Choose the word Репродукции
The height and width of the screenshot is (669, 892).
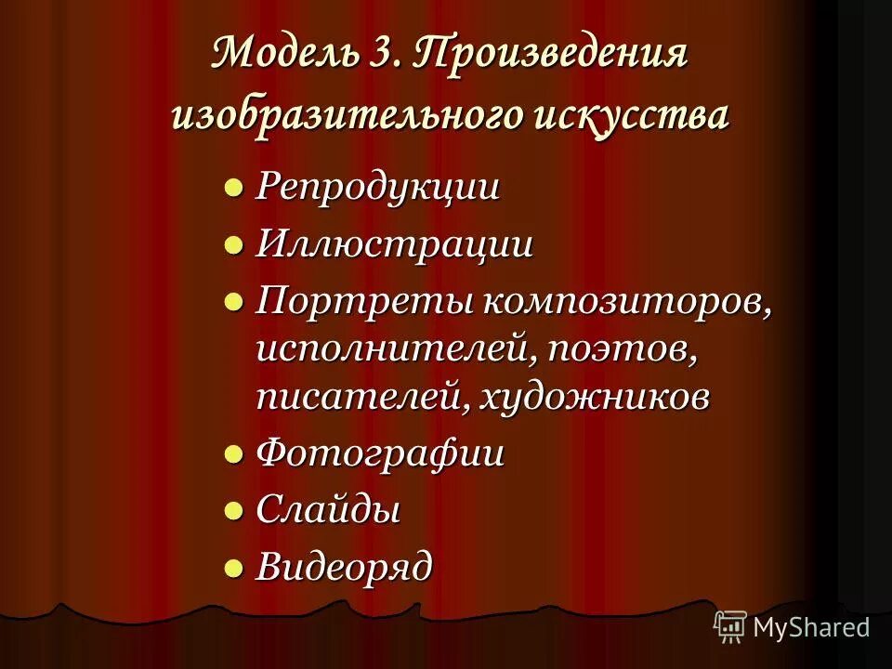click(378, 187)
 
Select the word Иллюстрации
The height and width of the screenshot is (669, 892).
click(395, 245)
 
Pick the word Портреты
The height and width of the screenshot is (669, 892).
click(364, 302)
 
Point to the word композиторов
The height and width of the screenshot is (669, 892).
click(625, 302)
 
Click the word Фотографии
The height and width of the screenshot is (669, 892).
click(380, 454)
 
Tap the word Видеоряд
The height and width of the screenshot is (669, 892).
click(344, 566)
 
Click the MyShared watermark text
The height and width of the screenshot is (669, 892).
click(811, 627)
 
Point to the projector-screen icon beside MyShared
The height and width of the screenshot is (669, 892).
click(730, 626)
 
